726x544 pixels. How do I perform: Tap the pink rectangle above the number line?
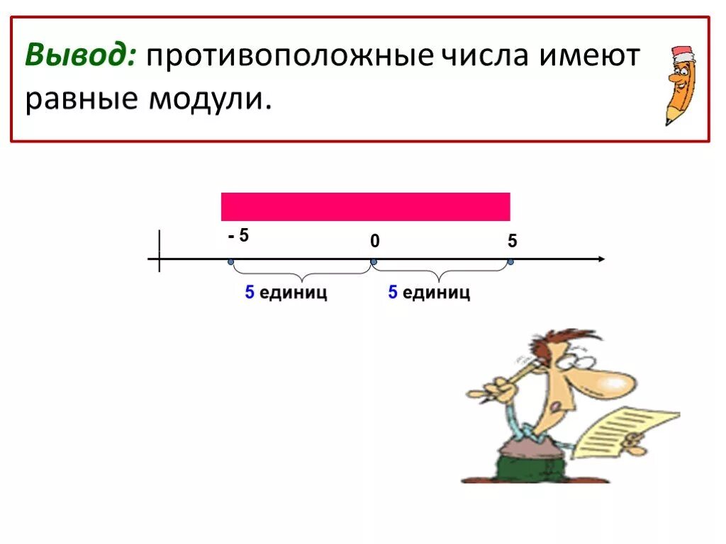pyautogui.click(x=365, y=207)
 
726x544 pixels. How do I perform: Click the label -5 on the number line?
pyautogui.click(x=238, y=236)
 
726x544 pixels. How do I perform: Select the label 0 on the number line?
pyautogui.click(x=374, y=242)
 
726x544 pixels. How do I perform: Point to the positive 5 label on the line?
pyautogui.click(x=512, y=242)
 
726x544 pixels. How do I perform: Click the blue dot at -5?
pyautogui.click(x=231, y=262)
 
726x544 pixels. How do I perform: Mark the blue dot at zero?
pyautogui.click(x=374, y=262)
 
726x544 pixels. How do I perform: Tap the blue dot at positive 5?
pyautogui.click(x=510, y=262)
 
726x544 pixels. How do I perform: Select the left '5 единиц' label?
pyautogui.click(x=286, y=293)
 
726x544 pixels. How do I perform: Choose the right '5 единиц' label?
pyautogui.click(x=428, y=293)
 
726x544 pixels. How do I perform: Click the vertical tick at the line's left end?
pyautogui.click(x=160, y=251)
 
